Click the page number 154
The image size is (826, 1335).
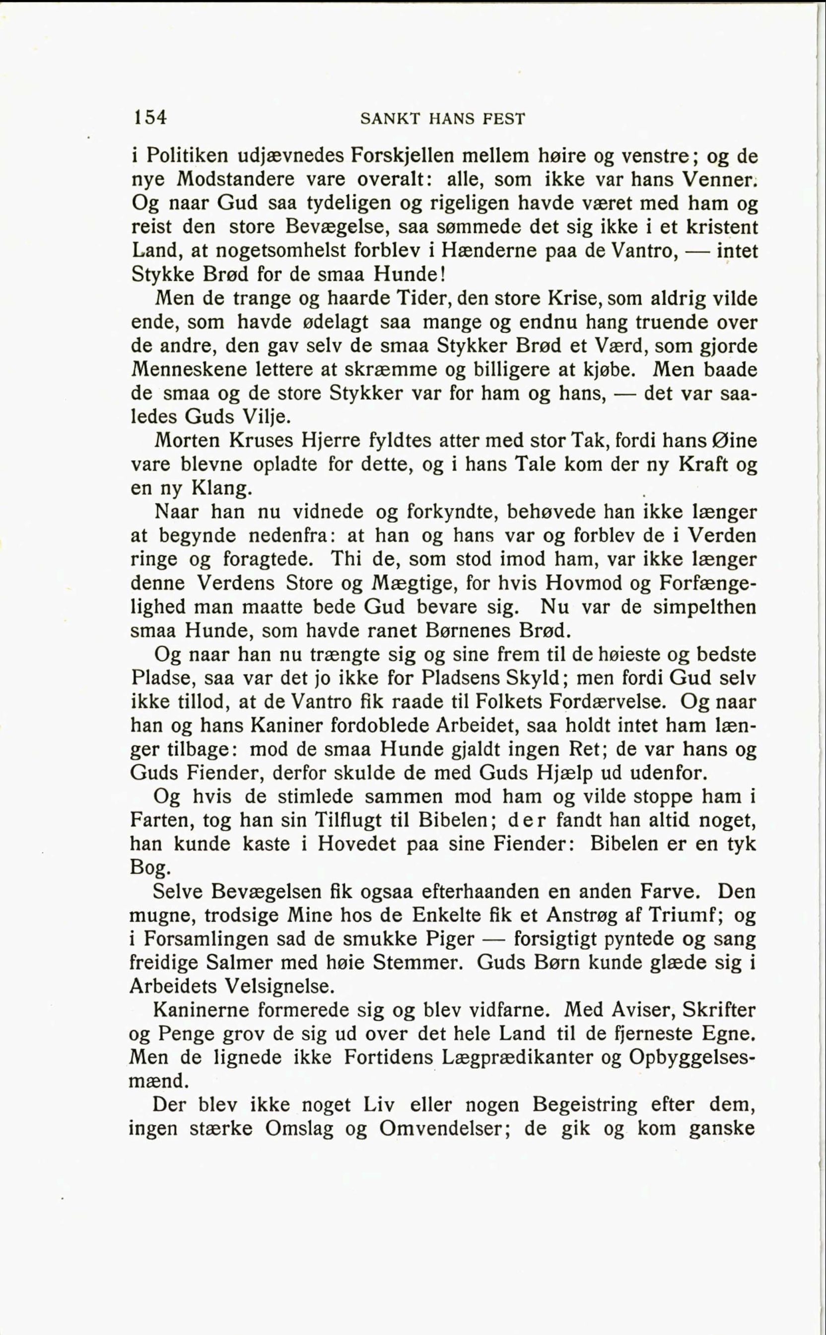pos(148,118)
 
